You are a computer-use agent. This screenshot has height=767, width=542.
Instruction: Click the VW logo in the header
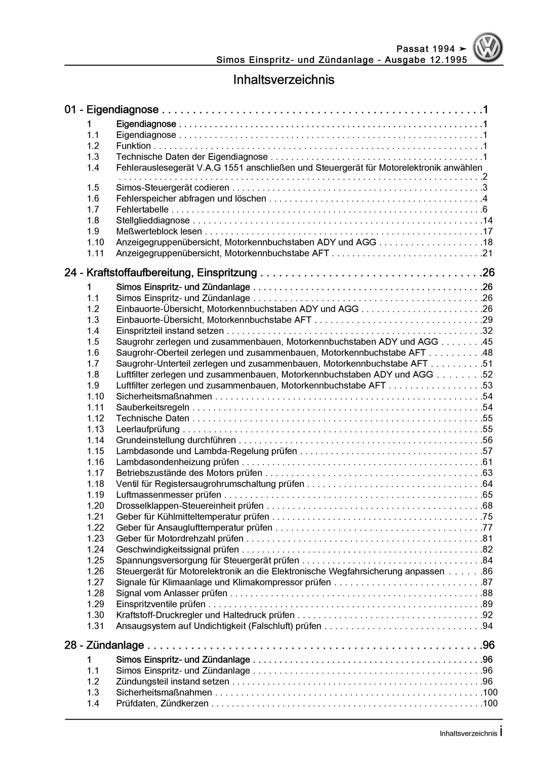point(487,48)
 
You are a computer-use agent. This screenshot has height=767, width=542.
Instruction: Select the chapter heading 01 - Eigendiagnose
point(112,110)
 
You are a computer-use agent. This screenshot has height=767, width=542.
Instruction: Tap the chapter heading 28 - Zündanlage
point(104,645)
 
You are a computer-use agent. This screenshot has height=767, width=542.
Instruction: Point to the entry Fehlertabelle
point(142,209)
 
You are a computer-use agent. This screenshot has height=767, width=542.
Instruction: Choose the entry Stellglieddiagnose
point(153,221)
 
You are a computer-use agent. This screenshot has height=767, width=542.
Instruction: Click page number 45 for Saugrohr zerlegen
point(487,342)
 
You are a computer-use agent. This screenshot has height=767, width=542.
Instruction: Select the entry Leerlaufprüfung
point(148,429)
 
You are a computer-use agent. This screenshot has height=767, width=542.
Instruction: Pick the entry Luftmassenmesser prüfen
point(168,495)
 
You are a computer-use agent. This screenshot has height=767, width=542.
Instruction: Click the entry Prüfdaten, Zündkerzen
point(162,703)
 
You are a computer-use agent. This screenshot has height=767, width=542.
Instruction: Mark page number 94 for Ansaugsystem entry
point(487,626)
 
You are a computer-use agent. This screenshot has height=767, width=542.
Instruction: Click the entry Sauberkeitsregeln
point(153,407)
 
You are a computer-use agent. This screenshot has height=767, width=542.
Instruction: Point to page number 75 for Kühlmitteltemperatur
point(487,517)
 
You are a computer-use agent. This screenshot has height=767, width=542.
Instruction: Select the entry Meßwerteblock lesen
point(159,231)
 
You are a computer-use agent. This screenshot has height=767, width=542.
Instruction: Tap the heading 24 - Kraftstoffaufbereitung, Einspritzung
point(161,273)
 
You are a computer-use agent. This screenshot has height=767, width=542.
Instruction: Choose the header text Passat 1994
point(425,49)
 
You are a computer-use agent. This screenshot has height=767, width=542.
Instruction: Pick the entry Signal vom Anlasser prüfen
point(171,593)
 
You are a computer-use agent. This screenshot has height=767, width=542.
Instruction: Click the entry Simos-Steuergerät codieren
point(173,188)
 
